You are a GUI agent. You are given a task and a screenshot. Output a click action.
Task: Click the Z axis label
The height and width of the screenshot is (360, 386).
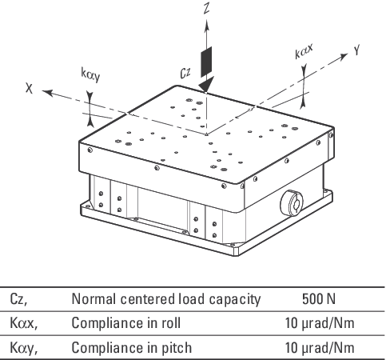click(206, 7)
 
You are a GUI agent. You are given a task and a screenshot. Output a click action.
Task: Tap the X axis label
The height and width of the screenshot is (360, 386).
click(30, 88)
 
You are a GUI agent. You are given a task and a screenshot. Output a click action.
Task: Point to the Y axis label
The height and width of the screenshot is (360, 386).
click(356, 50)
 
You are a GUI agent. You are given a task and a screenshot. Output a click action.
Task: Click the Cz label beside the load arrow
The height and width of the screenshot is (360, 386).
click(185, 73)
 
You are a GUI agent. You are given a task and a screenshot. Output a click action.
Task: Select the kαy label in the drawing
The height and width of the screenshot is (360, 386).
click(90, 75)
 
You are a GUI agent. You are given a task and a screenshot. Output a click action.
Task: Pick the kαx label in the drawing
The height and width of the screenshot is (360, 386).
click(304, 51)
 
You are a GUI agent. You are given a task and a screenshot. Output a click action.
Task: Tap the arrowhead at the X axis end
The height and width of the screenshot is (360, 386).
click(47, 93)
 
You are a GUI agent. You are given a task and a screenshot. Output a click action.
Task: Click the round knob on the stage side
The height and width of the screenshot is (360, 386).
click(292, 203)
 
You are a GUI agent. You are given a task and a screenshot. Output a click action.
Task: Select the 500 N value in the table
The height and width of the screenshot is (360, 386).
click(319, 299)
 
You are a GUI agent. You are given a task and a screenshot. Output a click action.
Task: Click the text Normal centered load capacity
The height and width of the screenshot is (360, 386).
click(166, 299)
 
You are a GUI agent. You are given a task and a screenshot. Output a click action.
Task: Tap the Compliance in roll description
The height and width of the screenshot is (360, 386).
click(126, 323)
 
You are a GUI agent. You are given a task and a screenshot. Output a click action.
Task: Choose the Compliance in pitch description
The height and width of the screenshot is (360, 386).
click(132, 348)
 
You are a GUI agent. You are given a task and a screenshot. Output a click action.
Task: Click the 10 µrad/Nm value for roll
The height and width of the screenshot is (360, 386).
click(320, 323)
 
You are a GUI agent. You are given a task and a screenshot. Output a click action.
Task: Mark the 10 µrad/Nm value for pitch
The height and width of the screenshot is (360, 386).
click(320, 348)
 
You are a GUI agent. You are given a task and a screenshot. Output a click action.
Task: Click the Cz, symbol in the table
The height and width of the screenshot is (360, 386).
click(18, 299)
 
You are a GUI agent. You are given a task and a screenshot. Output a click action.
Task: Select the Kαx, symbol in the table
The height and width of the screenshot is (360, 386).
click(24, 323)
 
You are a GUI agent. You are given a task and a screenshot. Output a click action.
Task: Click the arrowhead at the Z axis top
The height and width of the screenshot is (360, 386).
click(206, 26)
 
